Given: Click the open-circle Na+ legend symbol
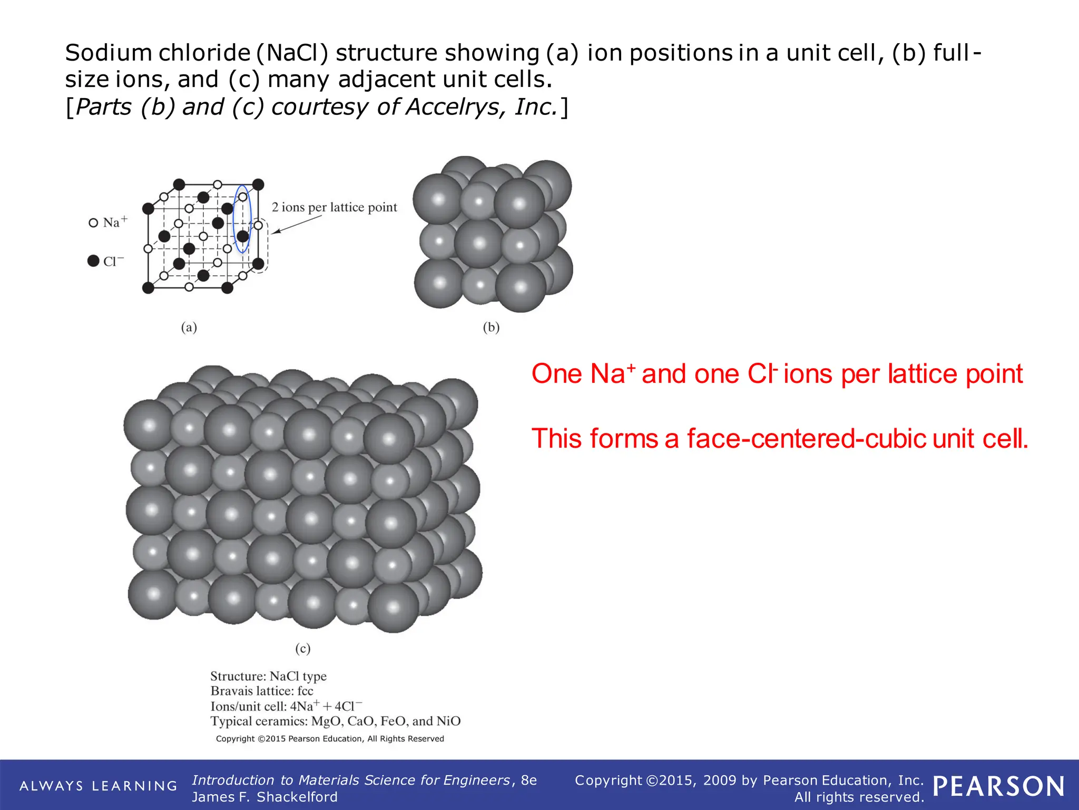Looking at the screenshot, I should (93, 223).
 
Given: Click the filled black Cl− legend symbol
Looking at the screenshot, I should (93, 261).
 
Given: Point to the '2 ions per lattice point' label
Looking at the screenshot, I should (334, 207).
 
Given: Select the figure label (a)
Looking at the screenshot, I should (189, 327).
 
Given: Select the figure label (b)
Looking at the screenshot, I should (491, 327).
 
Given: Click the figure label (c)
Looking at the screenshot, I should (302, 648).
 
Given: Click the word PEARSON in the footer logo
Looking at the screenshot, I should (998, 786).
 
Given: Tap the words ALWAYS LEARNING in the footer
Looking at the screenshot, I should (98, 786).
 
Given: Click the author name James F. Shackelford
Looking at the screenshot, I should (264, 797).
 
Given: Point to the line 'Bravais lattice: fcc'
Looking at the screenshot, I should (262, 691).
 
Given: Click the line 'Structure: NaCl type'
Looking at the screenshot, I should (268, 676).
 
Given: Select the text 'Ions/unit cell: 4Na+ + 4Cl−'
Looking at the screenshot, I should (286, 706).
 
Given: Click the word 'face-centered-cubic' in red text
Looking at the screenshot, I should (806, 439).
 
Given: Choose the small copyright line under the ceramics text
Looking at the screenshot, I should (330, 739).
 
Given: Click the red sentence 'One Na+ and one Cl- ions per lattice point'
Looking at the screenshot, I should (777, 374).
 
